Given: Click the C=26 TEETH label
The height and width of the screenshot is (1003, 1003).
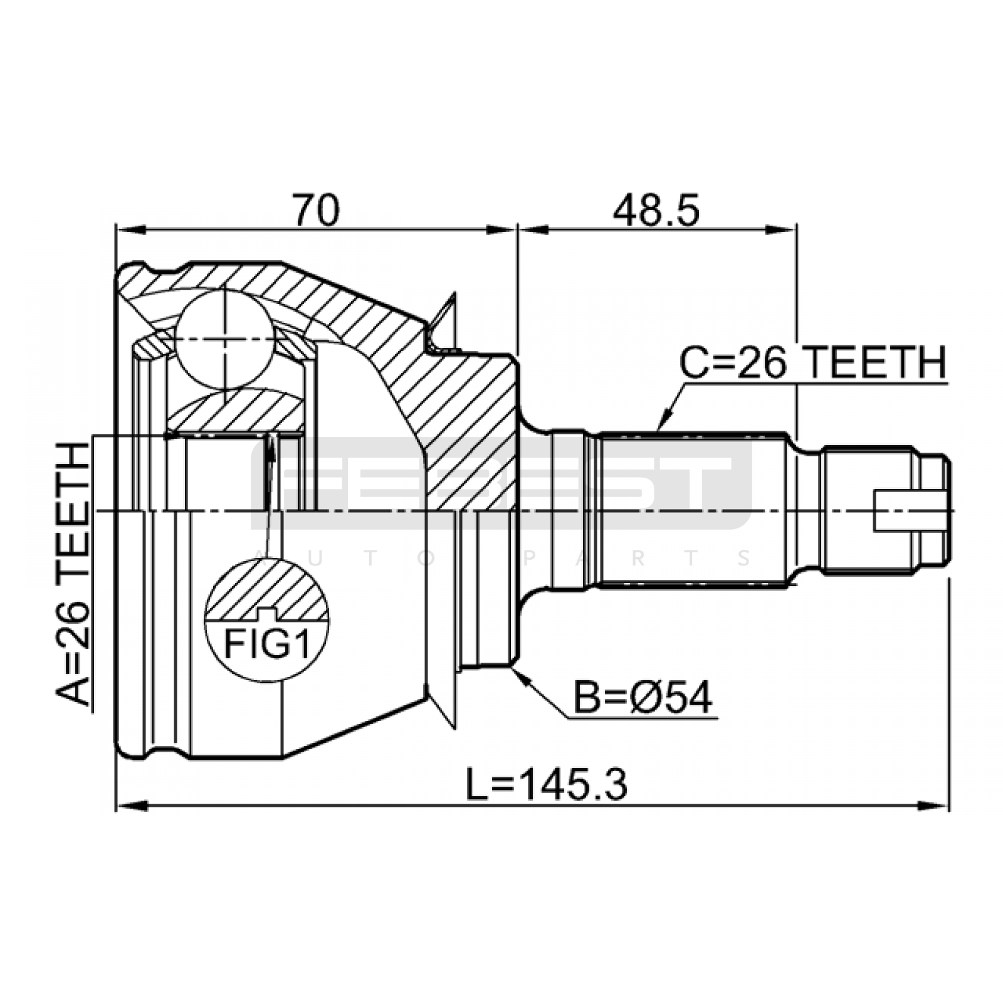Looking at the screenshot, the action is (813, 363).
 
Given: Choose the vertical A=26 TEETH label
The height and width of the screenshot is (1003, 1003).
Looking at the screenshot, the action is (73, 574).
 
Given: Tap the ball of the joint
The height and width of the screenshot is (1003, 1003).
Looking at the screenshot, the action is (224, 339).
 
